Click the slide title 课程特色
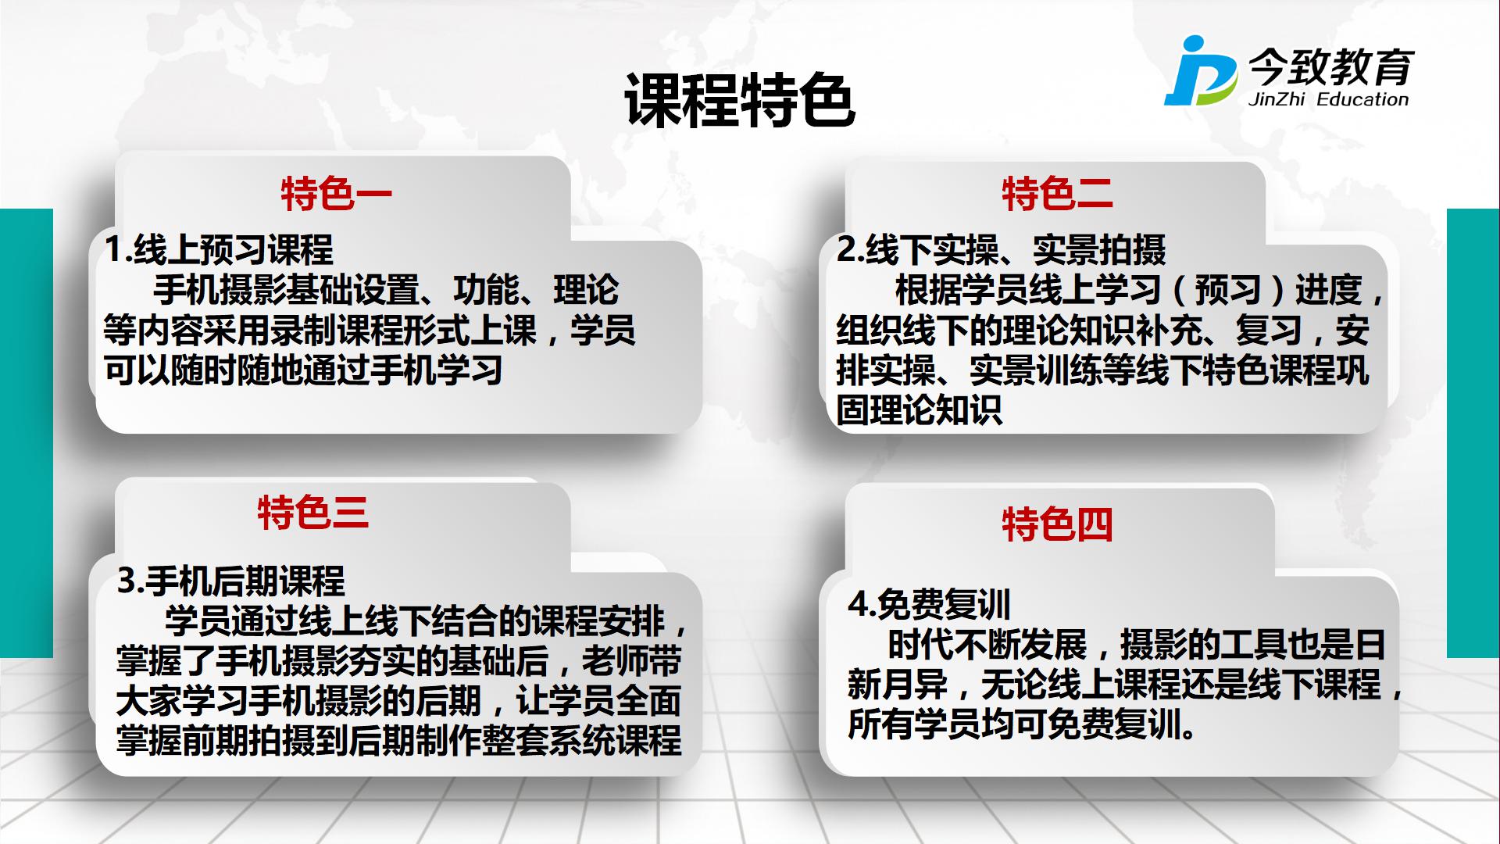point(739,101)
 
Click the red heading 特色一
point(337,194)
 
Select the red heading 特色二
point(1057,194)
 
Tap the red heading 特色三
point(312,513)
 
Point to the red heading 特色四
point(1057,524)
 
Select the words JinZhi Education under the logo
point(1328,99)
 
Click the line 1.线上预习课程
point(219,250)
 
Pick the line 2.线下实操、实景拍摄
point(1002,250)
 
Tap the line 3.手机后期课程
point(231,581)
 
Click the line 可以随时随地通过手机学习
point(303,370)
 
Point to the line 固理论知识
point(919,409)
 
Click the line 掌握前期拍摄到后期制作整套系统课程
point(399,740)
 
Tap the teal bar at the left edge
point(27,433)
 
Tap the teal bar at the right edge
point(1473,433)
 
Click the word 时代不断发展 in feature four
point(987,645)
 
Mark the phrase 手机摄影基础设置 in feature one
point(287,290)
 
